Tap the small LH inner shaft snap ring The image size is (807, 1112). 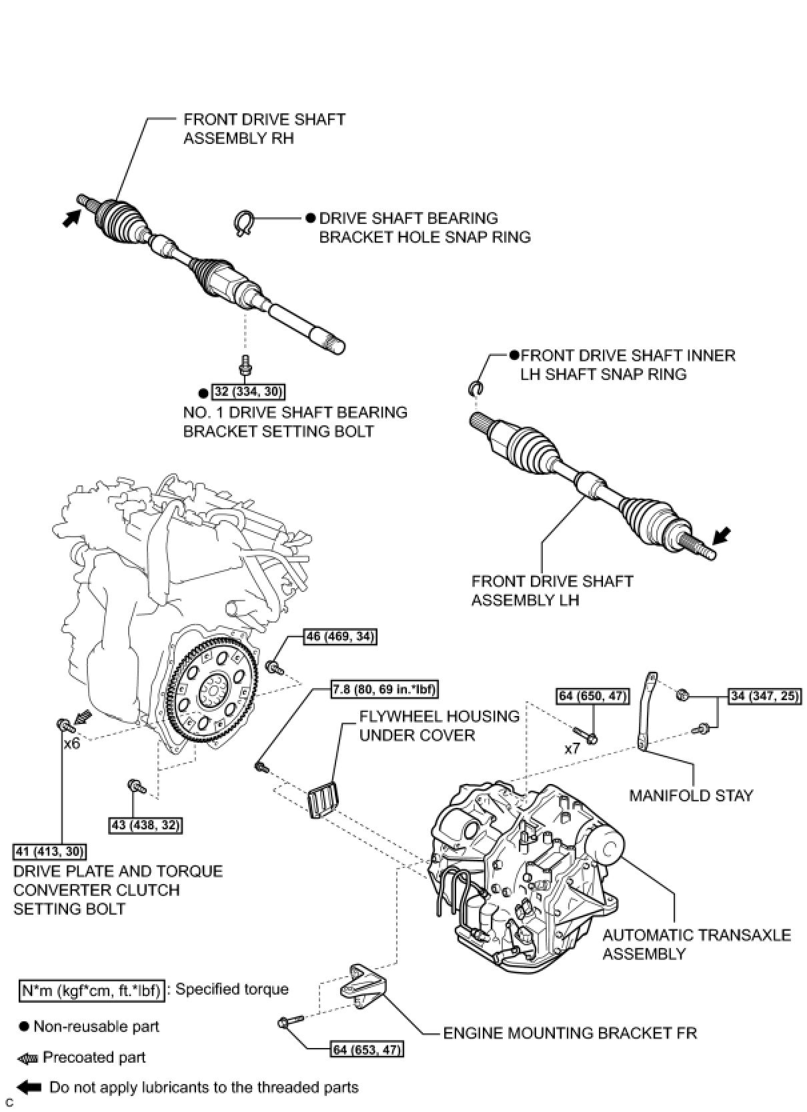(x=478, y=388)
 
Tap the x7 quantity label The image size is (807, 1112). (x=572, y=749)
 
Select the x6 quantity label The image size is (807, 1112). (x=71, y=743)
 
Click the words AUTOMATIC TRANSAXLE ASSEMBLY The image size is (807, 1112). (x=696, y=944)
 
